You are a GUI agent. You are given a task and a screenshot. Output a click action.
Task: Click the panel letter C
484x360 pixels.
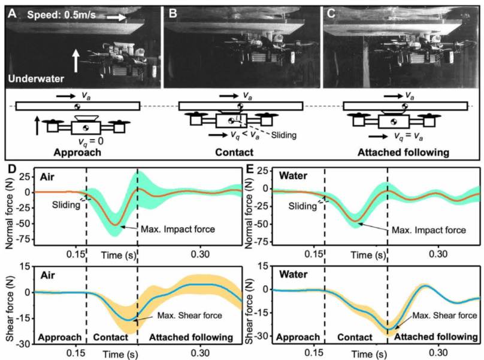click(x=331, y=10)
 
